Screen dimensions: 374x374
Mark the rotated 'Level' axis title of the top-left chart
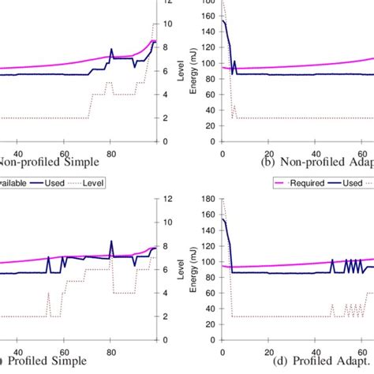181,71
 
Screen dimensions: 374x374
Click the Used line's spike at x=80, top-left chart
111,49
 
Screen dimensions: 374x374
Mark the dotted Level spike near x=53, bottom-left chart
49,294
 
